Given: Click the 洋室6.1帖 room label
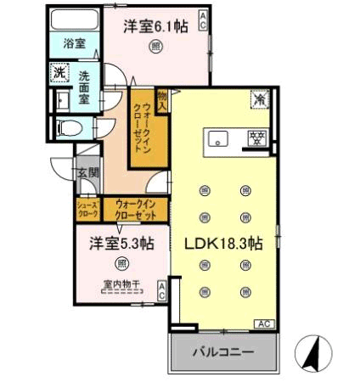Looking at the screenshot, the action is coord(155,27).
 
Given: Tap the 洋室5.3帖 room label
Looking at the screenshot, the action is coord(121,244).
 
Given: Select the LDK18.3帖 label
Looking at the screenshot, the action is coord(223,244).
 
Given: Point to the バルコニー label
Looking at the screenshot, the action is coord(223,352).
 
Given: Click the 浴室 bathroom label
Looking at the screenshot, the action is coord(74,43).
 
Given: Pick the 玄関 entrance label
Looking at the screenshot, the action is coord(88,172).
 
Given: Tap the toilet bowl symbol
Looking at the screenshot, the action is coord(69,128).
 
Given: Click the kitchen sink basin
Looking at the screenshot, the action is coord(217,138).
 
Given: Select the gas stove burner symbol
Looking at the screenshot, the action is coord(257,138).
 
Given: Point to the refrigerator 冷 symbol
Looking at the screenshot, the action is coord(259,99).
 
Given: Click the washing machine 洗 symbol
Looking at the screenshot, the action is coord(59,72).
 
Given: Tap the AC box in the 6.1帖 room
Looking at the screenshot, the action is coord(203,20).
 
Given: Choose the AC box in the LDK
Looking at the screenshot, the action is coord(264,323).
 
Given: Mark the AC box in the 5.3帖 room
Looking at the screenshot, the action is coord(161,290).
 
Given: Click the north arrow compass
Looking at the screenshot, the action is coord(313,353).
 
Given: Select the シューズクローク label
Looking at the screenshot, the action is coord(88,209).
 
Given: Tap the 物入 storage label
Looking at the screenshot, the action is coord(163,100).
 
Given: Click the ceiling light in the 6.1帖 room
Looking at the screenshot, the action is coord(155,46).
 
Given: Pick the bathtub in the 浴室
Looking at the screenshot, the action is coord(75,20).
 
